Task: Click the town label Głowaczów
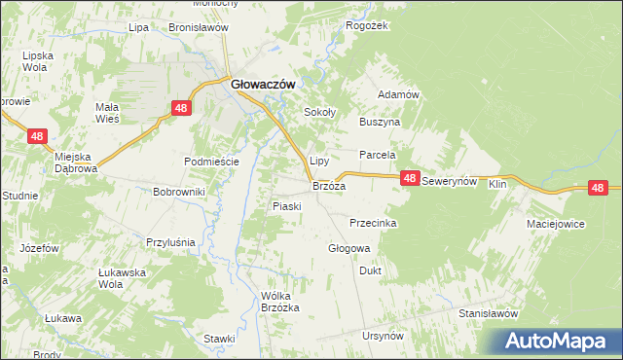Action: (x=263, y=84)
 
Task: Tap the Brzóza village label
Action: (x=328, y=185)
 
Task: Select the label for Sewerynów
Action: (x=451, y=183)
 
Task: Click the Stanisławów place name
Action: (x=488, y=313)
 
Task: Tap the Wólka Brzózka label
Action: (x=274, y=302)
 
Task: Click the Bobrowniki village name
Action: (x=178, y=192)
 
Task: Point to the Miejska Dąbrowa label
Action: (x=77, y=162)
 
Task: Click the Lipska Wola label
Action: (x=36, y=61)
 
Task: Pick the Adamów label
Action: (x=397, y=94)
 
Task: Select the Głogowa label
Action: (x=348, y=248)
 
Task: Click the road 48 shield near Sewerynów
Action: (x=410, y=178)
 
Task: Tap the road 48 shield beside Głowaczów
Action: (x=180, y=109)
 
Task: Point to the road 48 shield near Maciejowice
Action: (x=598, y=188)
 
